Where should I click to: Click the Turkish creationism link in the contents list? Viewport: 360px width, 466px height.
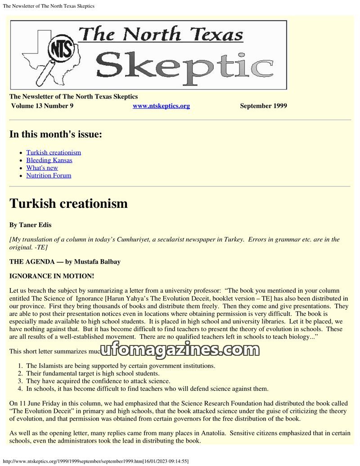(54, 152)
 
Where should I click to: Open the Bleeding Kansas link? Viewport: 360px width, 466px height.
(49, 160)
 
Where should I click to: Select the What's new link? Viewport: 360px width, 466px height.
(42, 168)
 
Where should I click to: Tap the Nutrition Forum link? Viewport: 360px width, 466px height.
(49, 175)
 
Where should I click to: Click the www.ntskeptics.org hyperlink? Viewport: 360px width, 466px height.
(161, 106)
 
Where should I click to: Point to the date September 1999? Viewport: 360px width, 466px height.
(263, 106)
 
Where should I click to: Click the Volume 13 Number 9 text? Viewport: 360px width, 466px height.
(42, 106)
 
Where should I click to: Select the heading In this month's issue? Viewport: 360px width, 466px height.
(56, 134)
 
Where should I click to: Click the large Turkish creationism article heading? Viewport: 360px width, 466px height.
(68, 203)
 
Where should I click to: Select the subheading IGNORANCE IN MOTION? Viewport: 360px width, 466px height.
(52, 276)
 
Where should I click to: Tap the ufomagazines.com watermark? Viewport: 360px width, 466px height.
(180, 350)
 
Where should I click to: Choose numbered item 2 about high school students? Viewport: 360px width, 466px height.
(93, 373)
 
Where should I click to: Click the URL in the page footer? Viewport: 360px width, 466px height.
(95, 461)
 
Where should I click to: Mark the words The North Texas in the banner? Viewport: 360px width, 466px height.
(161, 34)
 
